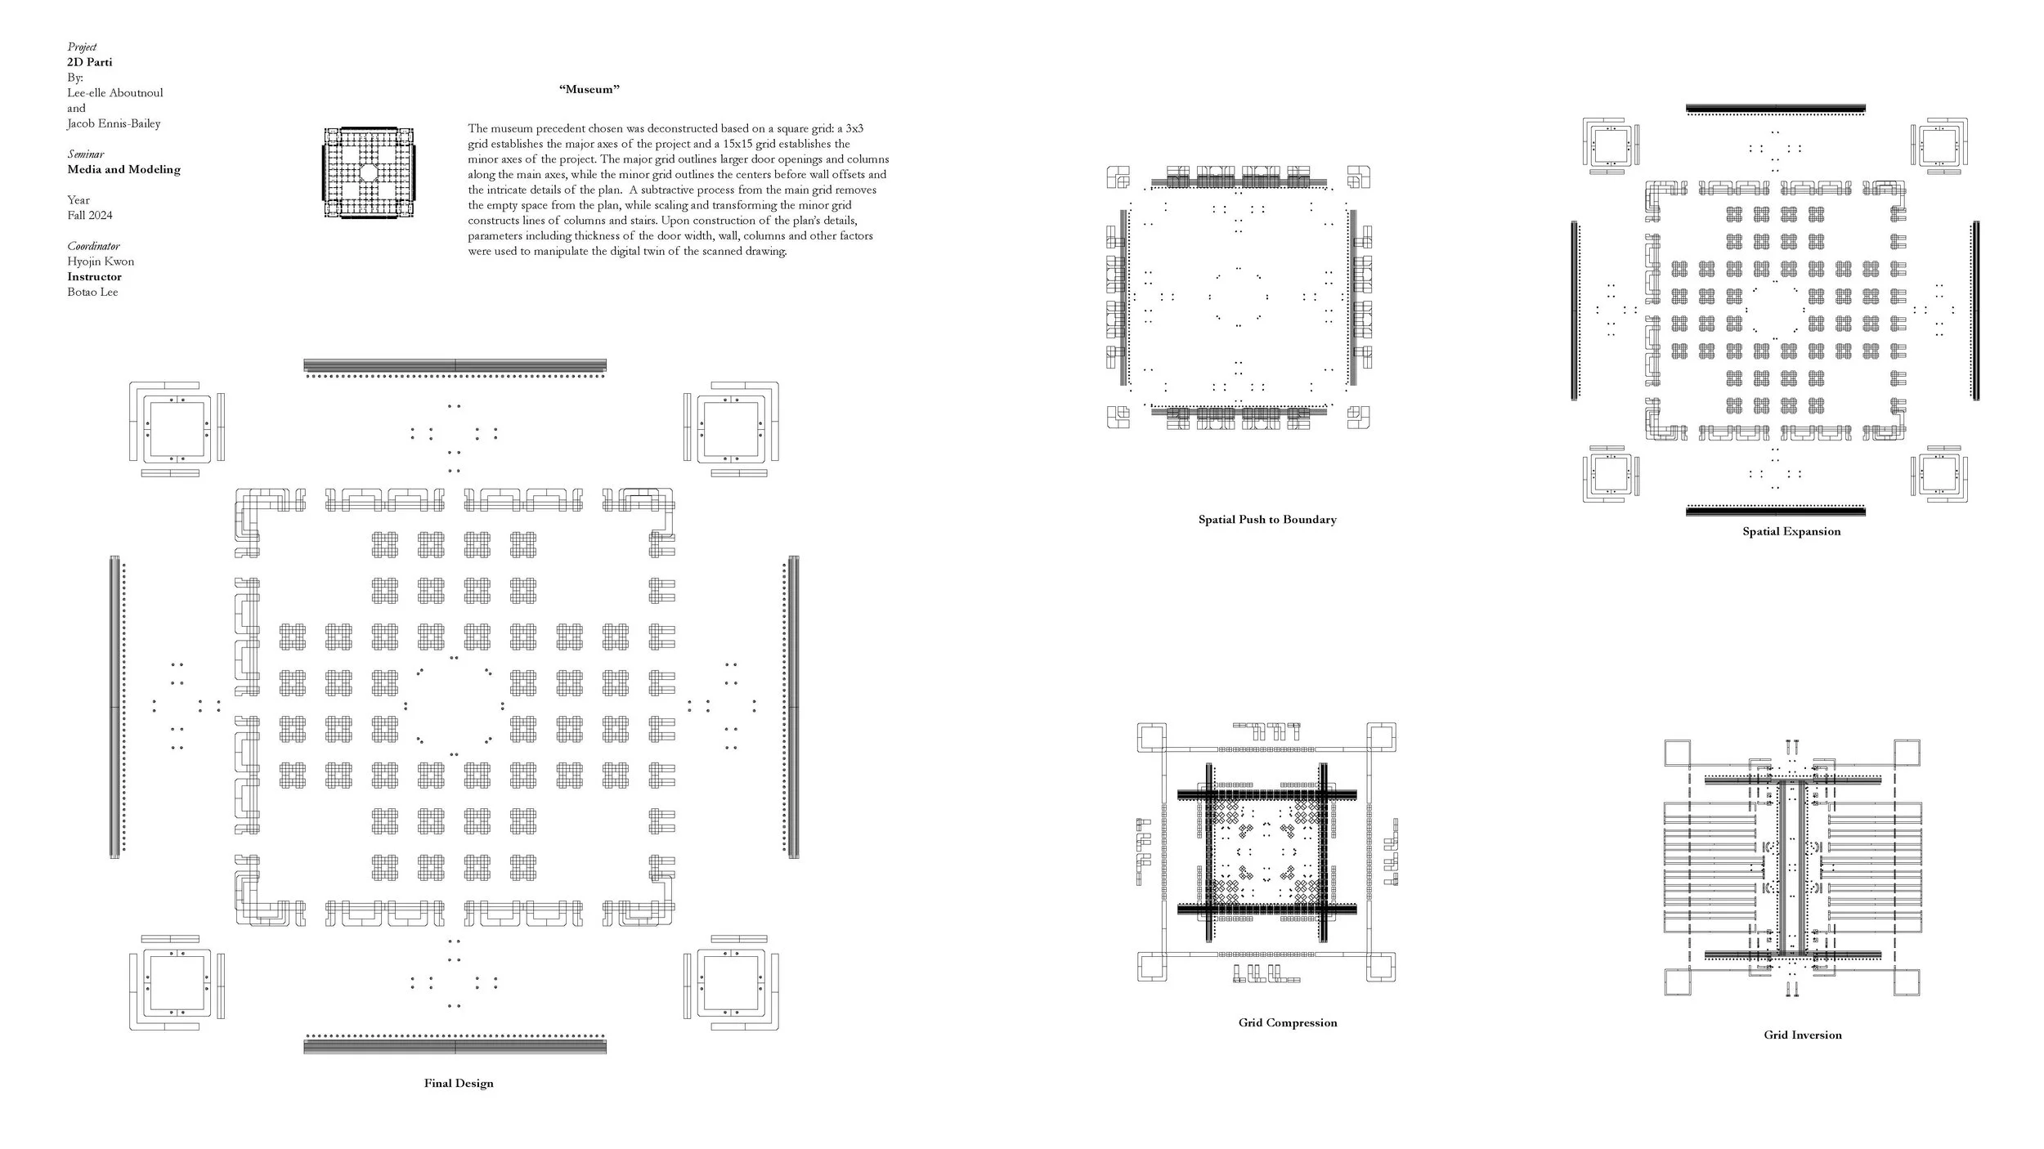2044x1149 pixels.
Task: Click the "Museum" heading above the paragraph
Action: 589,90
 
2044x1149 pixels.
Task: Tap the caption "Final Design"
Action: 459,1084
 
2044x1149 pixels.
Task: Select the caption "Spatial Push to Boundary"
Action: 1267,520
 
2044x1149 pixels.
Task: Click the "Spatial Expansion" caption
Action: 1791,532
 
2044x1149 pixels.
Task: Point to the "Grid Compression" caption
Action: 1288,1023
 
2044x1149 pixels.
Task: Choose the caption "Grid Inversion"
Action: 1803,1035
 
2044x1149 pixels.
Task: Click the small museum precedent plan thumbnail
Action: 368,173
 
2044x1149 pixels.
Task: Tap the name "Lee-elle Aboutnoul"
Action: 115,93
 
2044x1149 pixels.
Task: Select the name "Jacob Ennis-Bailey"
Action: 114,124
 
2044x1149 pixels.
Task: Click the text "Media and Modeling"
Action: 123,170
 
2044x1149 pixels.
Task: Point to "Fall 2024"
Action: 90,216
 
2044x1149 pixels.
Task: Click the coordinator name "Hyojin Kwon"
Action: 101,262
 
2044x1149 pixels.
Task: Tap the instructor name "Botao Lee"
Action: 92,293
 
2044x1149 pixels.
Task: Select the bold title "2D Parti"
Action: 90,62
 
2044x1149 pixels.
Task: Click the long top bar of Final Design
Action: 455,364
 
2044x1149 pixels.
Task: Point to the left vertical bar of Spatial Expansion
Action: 1574,311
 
